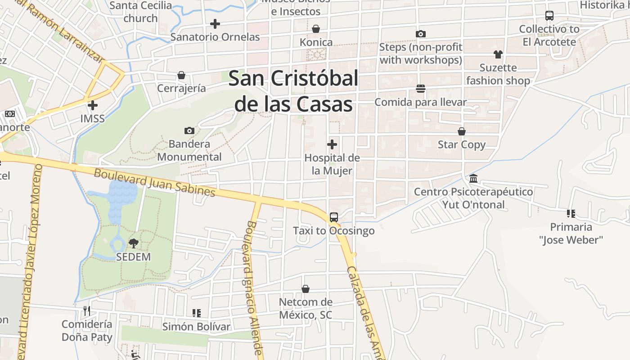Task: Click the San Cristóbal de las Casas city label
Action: [x=293, y=91]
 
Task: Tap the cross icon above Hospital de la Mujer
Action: [x=332, y=144]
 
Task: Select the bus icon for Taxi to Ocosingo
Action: [x=334, y=217]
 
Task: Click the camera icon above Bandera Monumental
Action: [x=189, y=131]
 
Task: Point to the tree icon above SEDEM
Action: [x=133, y=243]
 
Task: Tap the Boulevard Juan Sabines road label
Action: [x=154, y=182]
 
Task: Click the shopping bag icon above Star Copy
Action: [x=462, y=131]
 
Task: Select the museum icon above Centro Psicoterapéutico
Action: [x=473, y=179]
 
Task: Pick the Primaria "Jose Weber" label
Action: [x=571, y=233]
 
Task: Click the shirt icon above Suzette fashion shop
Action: [x=498, y=54]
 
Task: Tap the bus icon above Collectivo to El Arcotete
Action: [x=549, y=16]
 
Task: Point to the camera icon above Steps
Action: [x=421, y=34]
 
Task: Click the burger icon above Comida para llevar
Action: [x=421, y=89]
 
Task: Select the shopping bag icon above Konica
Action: [x=316, y=29]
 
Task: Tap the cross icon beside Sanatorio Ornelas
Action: [x=215, y=24]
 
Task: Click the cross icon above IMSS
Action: [x=93, y=106]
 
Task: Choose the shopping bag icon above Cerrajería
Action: [x=181, y=75]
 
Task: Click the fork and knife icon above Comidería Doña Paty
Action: [x=87, y=310]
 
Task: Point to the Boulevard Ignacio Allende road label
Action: [x=254, y=288]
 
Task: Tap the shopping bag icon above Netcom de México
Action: [x=306, y=288]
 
